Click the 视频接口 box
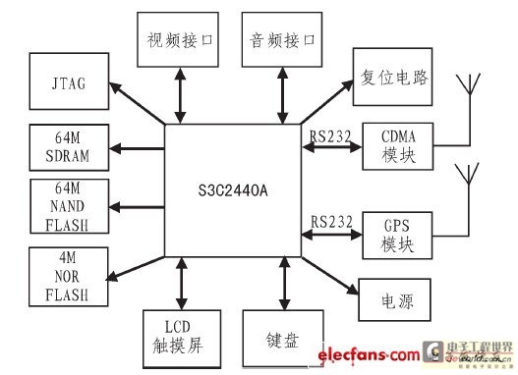pyautogui.click(x=179, y=42)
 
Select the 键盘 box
pyautogui.click(x=284, y=339)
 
